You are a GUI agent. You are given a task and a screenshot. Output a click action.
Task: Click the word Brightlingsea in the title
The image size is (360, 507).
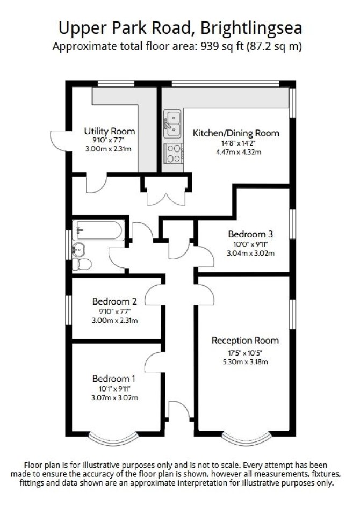pos(251,28)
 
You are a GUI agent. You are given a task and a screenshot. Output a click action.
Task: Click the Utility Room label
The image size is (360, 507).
pos(109,131)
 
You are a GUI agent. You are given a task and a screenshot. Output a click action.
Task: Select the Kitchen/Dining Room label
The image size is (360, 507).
pos(236,133)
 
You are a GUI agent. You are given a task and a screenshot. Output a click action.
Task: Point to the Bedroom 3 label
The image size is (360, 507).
pos(250,234)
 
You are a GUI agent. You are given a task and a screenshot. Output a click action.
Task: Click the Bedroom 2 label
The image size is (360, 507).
pos(114,301)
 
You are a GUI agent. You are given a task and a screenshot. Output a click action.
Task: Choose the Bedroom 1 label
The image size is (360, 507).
pos(113,378)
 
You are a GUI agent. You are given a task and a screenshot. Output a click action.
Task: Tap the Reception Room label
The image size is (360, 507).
pos(245,341)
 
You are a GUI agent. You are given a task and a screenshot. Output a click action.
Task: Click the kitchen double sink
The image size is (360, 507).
pos(172,124)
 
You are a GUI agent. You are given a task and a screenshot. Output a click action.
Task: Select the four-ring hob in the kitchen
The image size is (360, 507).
pos(174,153)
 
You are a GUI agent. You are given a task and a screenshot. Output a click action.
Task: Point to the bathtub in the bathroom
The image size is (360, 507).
pos(98,230)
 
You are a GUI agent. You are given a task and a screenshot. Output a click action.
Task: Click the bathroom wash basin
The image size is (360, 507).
pos(78,250)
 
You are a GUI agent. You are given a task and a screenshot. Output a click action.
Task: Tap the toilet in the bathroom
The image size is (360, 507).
pos(82,264)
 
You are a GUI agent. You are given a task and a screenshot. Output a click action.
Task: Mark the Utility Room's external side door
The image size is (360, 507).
pos(59,141)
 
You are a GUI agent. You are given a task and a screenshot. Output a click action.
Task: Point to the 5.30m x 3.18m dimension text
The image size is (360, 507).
pos(245,362)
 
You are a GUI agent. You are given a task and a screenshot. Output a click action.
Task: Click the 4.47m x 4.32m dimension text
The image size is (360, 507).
pos(239,151)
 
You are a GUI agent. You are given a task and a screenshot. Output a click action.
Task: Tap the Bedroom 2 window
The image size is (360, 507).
pos(69,309)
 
